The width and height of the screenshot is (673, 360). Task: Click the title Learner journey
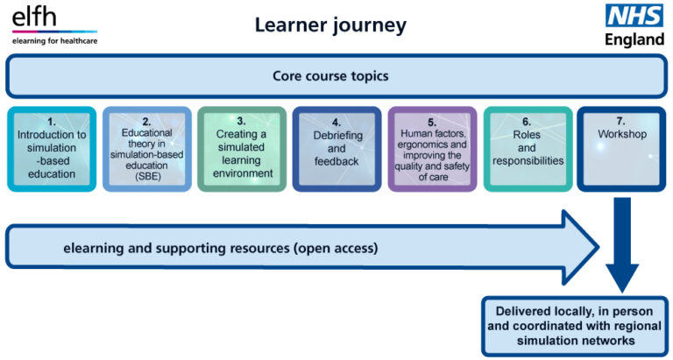click(330, 25)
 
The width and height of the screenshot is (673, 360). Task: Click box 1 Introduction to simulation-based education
click(51, 149)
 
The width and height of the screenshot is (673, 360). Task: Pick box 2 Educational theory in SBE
click(146, 149)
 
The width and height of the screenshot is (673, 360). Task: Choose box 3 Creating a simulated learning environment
click(242, 149)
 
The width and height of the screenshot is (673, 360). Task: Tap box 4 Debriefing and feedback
click(336, 149)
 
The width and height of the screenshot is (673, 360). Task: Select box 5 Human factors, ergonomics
click(432, 149)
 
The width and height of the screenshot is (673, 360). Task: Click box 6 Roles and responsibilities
click(527, 149)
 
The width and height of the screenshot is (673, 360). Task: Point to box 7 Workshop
click(621, 149)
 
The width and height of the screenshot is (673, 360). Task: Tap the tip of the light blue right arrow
click(599, 248)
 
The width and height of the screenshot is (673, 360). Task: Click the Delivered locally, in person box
click(574, 326)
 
